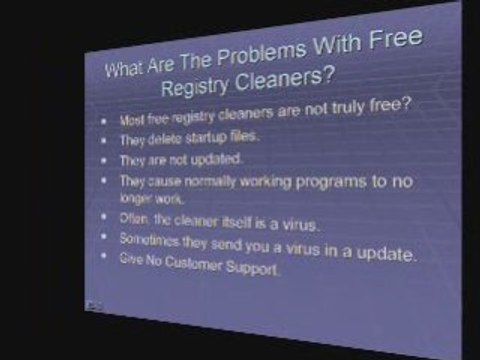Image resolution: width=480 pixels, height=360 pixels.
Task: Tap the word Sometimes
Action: coord(147,240)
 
